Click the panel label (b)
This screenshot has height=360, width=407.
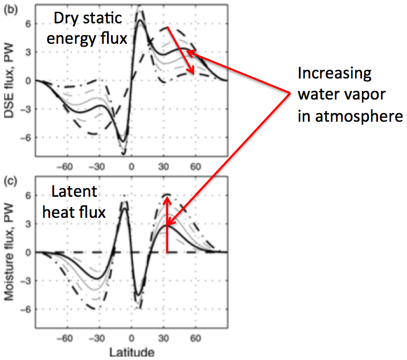pyautogui.click(x=11, y=10)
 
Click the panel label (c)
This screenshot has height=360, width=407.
pyautogui.click(x=11, y=181)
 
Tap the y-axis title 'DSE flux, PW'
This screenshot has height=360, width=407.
pyautogui.click(x=9, y=80)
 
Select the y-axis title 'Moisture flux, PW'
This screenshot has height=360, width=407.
pyautogui.click(x=9, y=251)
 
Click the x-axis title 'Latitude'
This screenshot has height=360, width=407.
pyautogui.click(x=132, y=353)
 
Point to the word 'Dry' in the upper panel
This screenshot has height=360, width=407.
pyautogui.click(x=64, y=19)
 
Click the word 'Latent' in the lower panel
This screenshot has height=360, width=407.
pyautogui.click(x=74, y=191)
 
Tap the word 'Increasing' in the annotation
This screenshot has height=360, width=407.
pyautogui.click(x=335, y=74)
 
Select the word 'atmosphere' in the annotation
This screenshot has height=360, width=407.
pyautogui.click(x=359, y=116)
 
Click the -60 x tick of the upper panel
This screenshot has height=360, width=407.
pyautogui.click(x=65, y=167)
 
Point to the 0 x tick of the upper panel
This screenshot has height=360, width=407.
pyautogui.click(x=131, y=167)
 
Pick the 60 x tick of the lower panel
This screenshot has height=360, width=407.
pyautogui.click(x=196, y=338)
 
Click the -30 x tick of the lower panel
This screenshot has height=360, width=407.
pyautogui.click(x=97, y=338)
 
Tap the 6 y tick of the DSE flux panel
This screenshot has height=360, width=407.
pyautogui.click(x=28, y=24)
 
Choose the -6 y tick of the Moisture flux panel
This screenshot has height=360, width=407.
pyautogui.click(x=26, y=309)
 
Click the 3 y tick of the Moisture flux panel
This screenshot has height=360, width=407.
pyautogui.click(x=28, y=224)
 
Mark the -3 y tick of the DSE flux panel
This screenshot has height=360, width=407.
pyautogui.click(x=26, y=109)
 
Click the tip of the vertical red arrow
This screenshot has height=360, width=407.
pyautogui.click(x=167, y=197)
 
